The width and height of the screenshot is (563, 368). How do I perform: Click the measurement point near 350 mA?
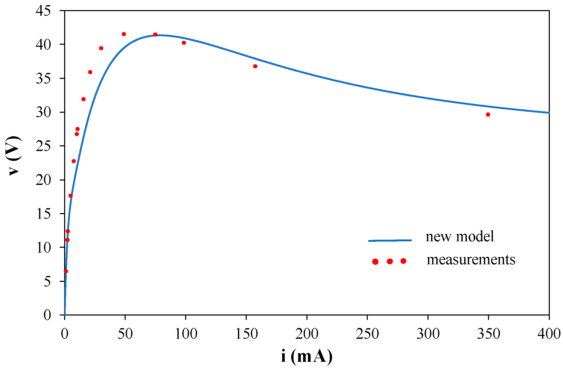488,115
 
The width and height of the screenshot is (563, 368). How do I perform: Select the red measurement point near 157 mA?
255,66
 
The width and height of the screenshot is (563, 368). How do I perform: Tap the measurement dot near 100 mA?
184,43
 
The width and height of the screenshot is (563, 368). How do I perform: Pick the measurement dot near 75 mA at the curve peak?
155,35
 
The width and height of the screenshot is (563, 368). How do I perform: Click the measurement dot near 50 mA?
124,34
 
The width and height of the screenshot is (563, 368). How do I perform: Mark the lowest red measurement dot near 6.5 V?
66,271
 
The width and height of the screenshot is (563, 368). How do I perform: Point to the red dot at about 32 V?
84,99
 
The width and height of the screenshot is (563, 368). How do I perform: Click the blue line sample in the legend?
390,241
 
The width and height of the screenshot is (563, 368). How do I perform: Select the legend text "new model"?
460,237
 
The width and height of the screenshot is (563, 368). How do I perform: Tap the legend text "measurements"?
471,260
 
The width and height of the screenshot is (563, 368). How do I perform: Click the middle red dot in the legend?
390,261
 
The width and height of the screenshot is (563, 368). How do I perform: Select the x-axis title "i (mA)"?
307,356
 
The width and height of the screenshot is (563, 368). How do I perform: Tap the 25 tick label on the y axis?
43,146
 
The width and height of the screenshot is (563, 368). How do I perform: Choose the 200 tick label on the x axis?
307,334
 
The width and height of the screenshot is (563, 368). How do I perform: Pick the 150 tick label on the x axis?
246,334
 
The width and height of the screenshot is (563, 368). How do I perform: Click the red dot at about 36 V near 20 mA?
90,72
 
